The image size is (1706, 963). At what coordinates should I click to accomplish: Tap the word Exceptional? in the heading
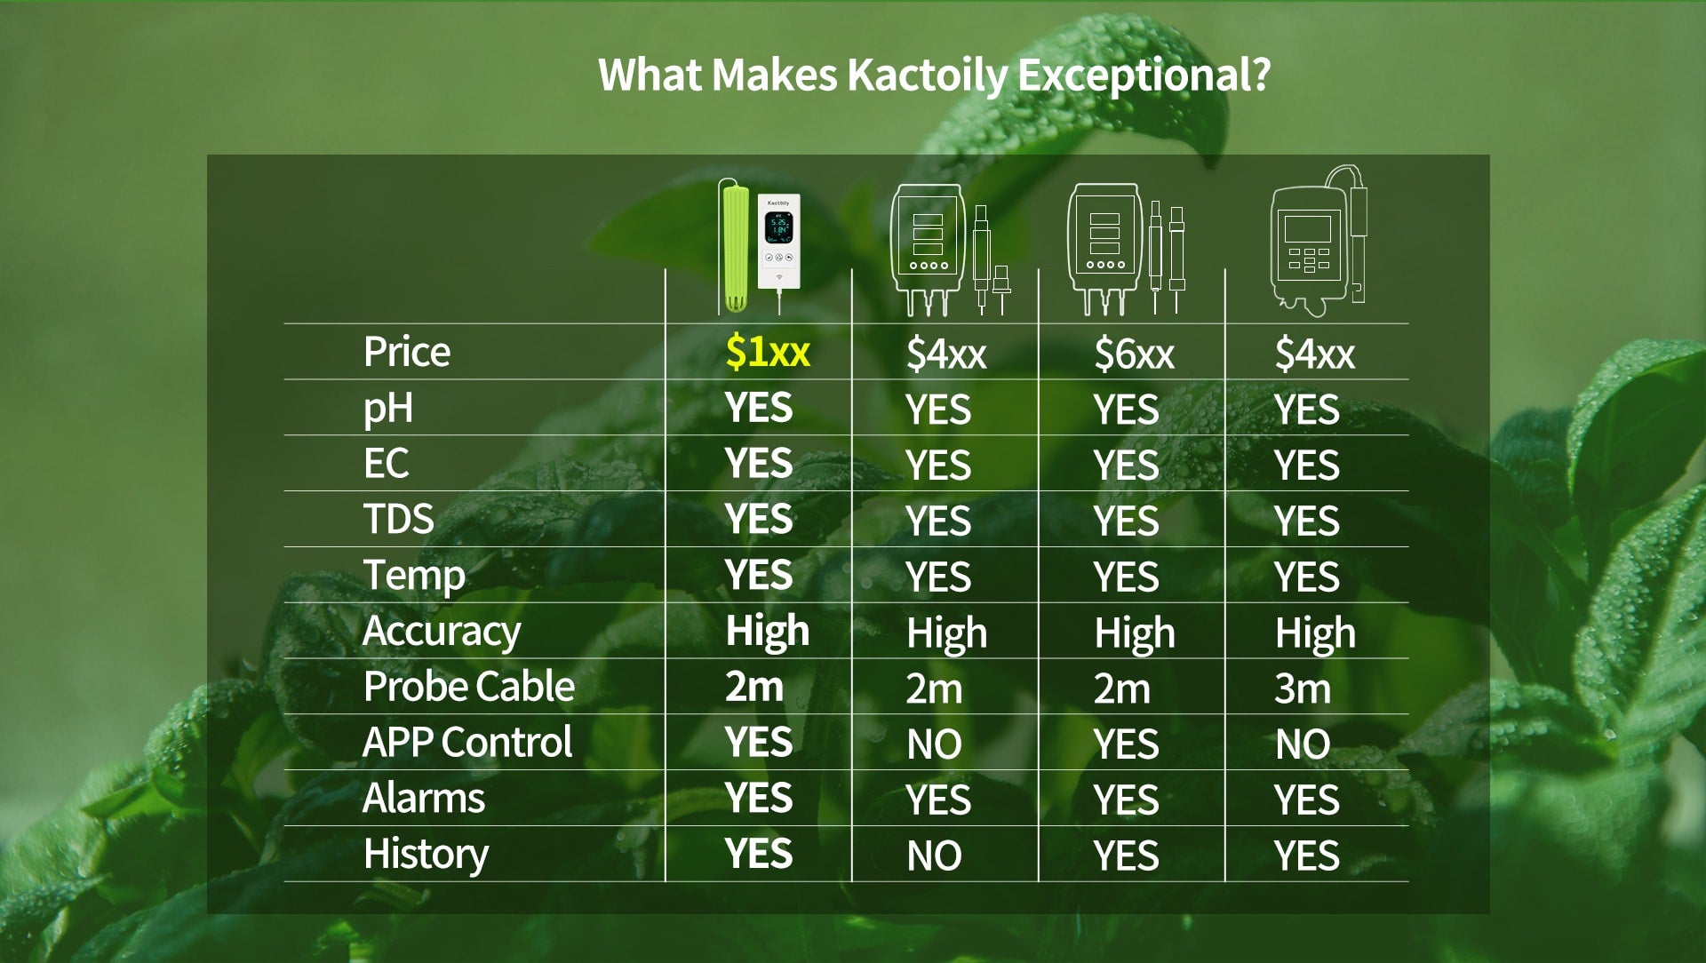click(x=1144, y=76)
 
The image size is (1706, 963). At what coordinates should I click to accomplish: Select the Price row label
click(x=407, y=352)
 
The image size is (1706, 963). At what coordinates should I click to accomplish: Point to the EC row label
click(x=387, y=463)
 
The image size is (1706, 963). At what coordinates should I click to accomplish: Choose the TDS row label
click(x=399, y=519)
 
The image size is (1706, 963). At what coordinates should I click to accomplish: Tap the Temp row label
click(x=414, y=576)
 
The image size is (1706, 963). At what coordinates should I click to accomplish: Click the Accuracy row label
click(x=442, y=632)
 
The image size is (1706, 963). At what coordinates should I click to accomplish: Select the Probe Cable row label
click(x=469, y=686)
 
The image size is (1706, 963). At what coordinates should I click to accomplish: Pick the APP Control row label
click(x=467, y=742)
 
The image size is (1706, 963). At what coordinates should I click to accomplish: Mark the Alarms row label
click(x=424, y=798)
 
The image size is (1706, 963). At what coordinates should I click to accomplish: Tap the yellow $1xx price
click(x=768, y=352)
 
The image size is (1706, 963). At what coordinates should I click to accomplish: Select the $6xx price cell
click(x=1134, y=354)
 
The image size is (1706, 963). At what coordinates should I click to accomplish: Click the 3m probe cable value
click(x=1303, y=688)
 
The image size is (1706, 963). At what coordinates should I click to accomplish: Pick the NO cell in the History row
click(x=934, y=856)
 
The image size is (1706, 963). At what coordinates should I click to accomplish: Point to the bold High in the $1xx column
click(x=768, y=631)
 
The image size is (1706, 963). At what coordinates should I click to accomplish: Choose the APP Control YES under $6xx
click(x=1126, y=744)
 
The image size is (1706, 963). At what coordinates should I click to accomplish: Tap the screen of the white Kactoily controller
click(x=778, y=228)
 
